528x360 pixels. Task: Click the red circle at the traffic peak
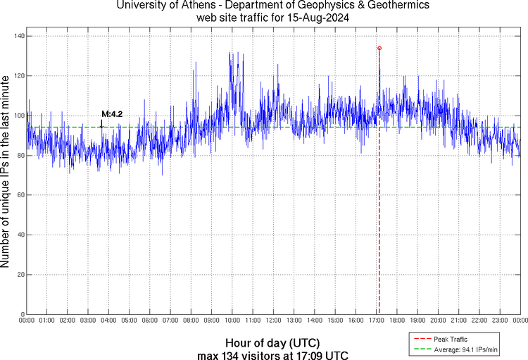point(379,48)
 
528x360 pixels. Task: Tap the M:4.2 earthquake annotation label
point(113,113)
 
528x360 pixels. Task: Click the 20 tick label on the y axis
point(20,275)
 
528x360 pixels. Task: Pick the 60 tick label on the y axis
point(20,195)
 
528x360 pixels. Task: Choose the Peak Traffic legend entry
point(451,340)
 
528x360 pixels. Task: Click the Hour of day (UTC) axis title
point(273,343)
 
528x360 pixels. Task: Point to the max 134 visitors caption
point(273,354)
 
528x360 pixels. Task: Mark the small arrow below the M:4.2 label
point(101,124)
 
